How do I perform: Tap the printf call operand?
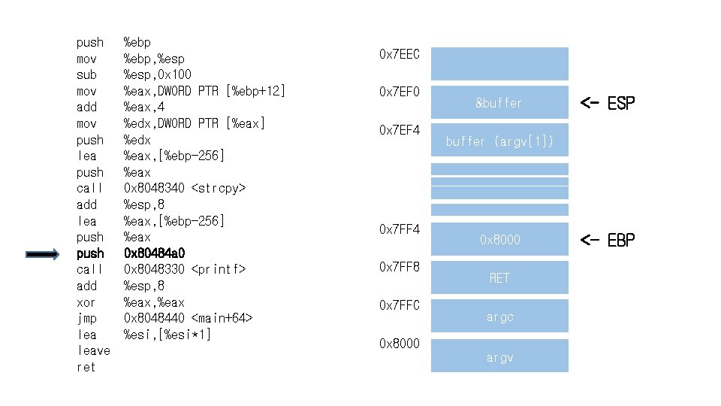point(185,269)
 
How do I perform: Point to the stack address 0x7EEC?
point(400,54)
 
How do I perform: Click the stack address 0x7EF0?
point(400,92)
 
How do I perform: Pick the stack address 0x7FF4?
point(400,229)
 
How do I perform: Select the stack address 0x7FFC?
point(400,305)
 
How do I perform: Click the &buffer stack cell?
point(499,102)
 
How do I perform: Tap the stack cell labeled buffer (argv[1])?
point(499,141)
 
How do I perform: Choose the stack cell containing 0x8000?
point(499,240)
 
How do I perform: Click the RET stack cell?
point(499,278)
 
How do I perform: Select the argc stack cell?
point(499,317)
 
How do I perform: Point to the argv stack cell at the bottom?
point(499,358)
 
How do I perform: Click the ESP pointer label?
point(608,103)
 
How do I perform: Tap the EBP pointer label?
point(608,240)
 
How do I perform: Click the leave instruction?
point(93,351)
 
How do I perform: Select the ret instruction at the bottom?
point(86,368)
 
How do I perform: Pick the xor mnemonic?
point(86,302)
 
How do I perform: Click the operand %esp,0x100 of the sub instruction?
point(157,74)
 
